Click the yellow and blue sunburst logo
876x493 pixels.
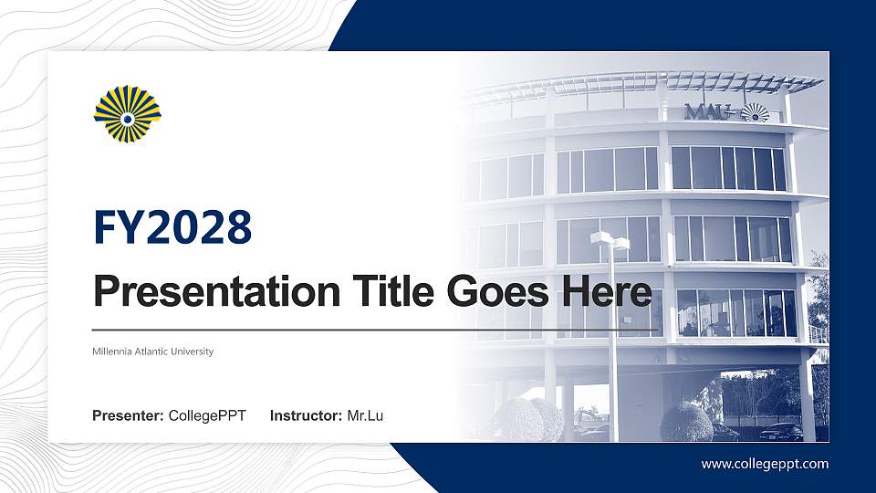coord(128,114)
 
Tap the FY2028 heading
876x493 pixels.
coord(172,228)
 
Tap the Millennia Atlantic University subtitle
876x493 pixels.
coord(153,351)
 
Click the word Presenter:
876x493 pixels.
coord(128,416)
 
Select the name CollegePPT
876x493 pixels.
coord(207,416)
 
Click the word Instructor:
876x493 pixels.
coord(307,416)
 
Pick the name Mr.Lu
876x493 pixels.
coord(365,416)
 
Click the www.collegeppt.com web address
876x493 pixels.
coord(765,464)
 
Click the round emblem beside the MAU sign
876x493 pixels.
coord(754,112)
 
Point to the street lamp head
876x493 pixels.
coord(610,240)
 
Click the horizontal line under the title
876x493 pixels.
coord(374,329)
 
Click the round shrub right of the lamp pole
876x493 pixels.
coord(686,423)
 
